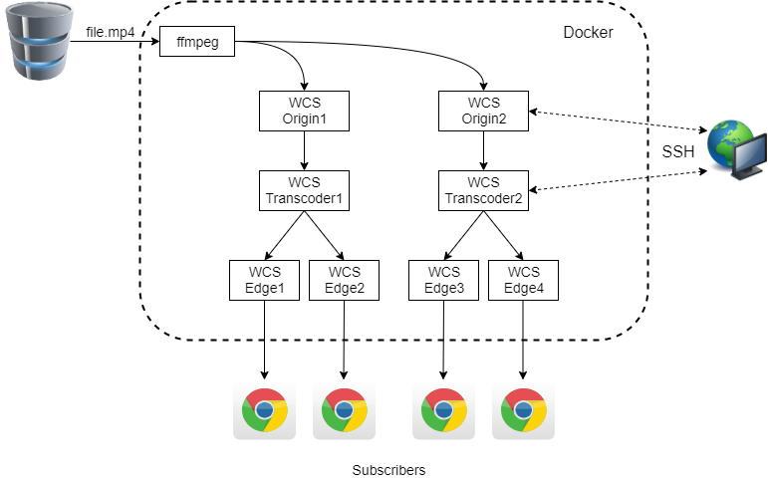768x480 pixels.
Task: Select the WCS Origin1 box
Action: (x=304, y=110)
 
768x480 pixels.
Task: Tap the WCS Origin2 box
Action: (x=483, y=110)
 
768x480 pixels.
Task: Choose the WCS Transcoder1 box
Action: (x=304, y=189)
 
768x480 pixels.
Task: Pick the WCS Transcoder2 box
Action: (x=483, y=189)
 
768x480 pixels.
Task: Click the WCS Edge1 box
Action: (x=264, y=280)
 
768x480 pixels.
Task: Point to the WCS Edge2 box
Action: (x=344, y=280)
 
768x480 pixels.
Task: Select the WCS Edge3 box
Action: (x=443, y=280)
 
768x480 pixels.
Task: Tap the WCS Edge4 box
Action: (x=523, y=280)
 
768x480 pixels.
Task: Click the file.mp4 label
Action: (x=110, y=33)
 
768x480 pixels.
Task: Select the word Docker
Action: (x=588, y=33)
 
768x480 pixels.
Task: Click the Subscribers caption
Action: (x=388, y=470)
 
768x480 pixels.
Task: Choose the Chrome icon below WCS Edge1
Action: (x=264, y=408)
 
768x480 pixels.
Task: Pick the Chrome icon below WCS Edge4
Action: (x=523, y=408)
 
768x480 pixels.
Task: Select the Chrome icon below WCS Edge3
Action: (x=443, y=408)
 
